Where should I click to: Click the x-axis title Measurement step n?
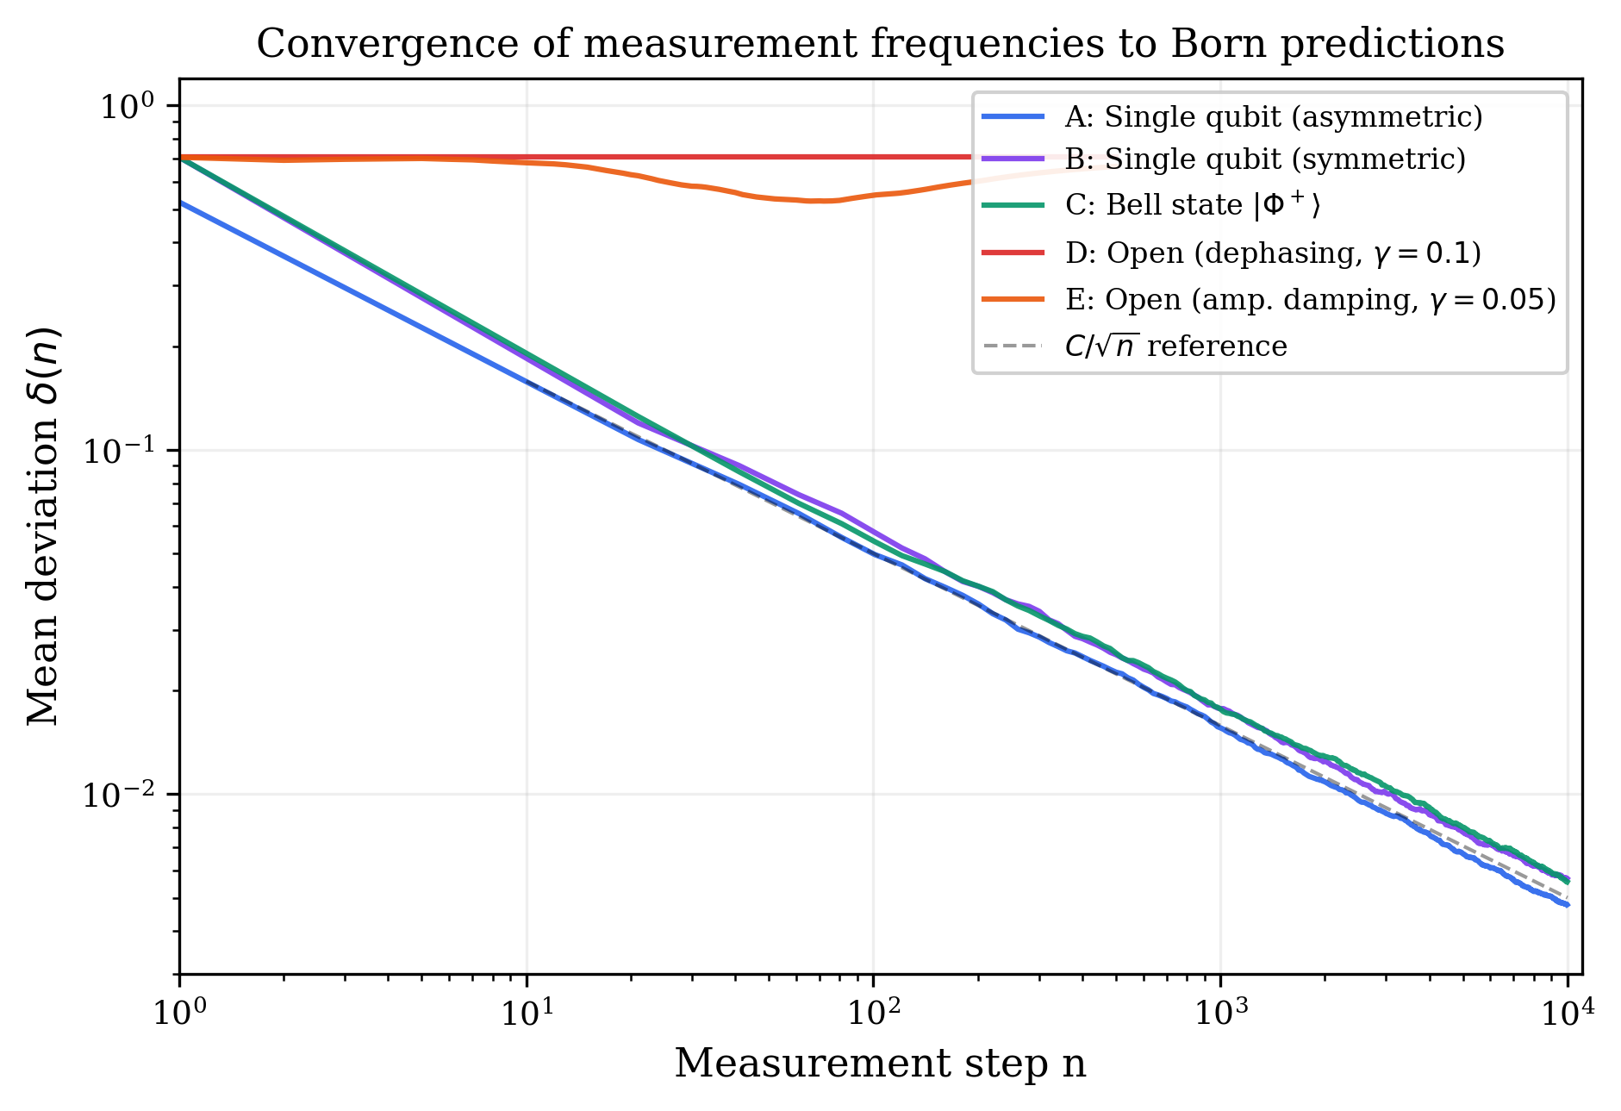pos(880,1063)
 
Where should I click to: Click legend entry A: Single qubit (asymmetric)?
pos(1273,116)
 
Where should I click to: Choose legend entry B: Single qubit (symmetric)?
pos(1264,159)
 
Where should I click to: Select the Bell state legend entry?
pos(1192,205)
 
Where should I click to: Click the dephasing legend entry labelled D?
pos(1273,253)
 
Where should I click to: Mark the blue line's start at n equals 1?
pos(181,203)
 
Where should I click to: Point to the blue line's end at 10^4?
pos(1567,905)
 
